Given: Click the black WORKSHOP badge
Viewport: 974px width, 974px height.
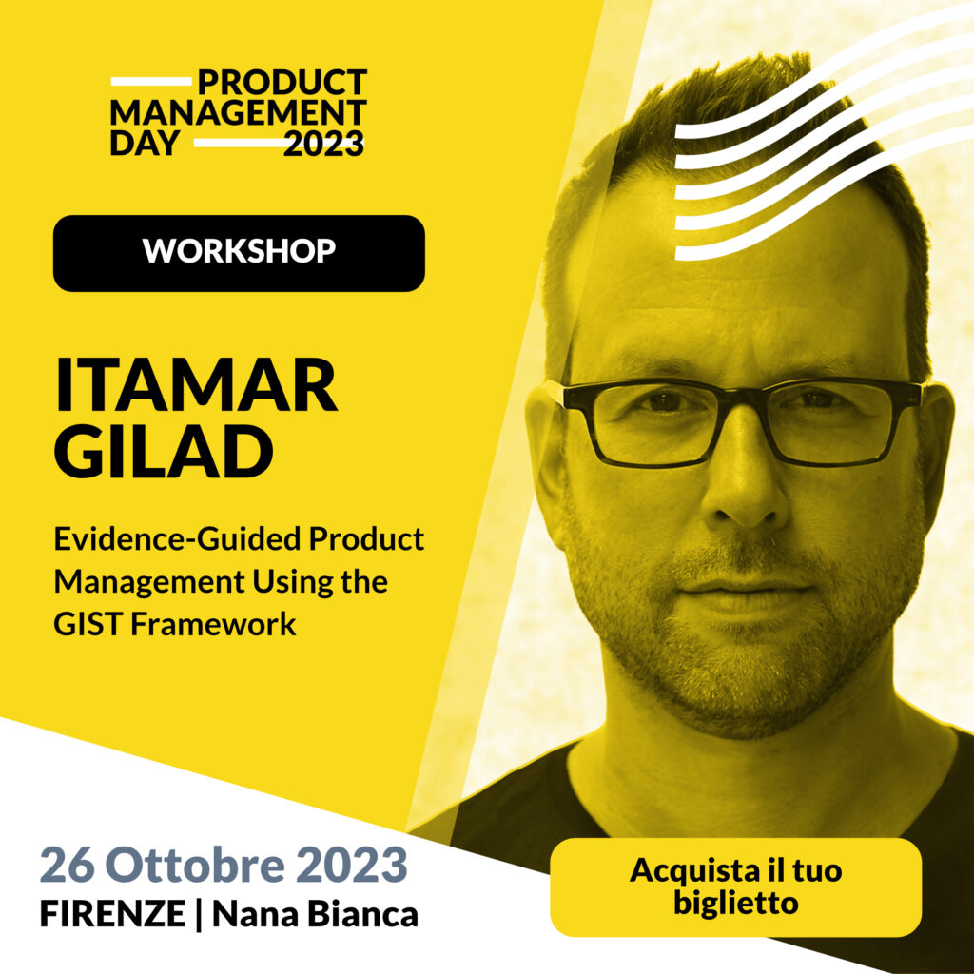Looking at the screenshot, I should tap(239, 253).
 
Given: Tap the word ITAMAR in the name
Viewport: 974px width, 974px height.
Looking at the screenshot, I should tap(196, 385).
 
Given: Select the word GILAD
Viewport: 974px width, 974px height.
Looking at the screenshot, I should tap(164, 454).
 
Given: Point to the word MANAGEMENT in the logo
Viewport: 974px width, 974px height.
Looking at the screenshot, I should tap(238, 113).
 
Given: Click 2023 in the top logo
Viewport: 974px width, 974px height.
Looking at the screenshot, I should tap(323, 144).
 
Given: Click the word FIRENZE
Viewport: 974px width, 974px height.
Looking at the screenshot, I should tap(112, 915).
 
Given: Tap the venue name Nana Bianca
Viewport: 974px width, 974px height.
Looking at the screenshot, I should tap(315, 915).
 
